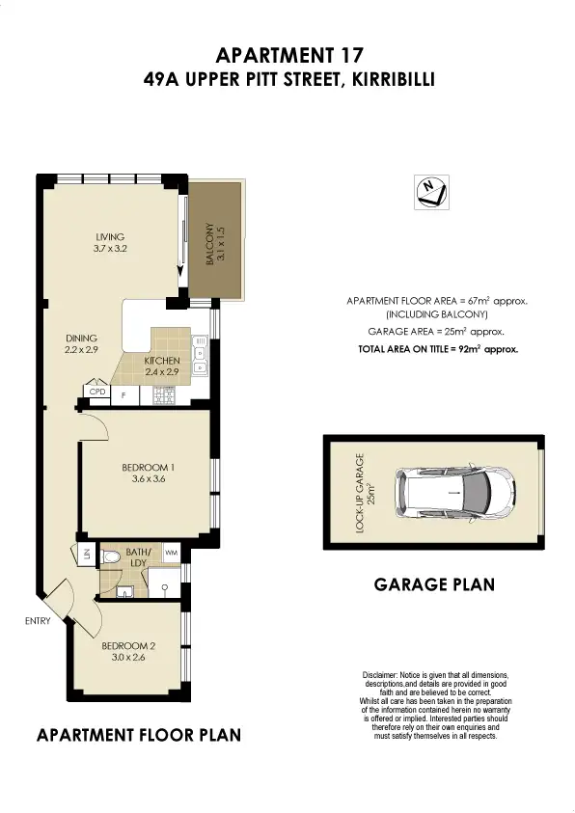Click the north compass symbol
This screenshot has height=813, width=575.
coord(428,192)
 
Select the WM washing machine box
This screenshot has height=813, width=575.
coord(172,553)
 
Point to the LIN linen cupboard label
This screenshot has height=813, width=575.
coord(85,555)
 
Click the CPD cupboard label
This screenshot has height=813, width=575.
coord(96,393)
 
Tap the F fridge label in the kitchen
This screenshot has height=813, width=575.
coord(123,393)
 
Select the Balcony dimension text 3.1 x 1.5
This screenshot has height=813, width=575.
coord(221,247)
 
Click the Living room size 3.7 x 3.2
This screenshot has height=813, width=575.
coord(110,249)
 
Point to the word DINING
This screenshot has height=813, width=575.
coord(81,338)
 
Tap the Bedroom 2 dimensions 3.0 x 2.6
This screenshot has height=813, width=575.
coord(129,661)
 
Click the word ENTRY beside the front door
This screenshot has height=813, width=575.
coord(37,621)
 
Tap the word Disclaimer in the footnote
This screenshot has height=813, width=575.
coord(380,675)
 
